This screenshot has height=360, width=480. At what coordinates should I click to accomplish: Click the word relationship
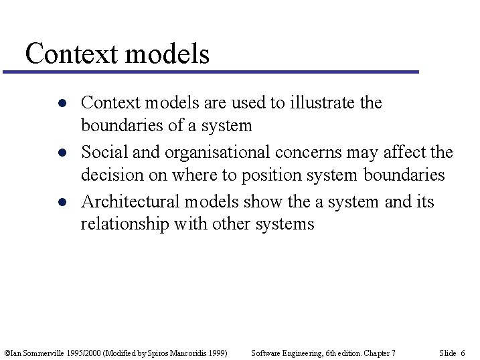[x=125, y=224]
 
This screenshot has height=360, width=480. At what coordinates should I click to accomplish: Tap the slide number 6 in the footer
[x=463, y=353]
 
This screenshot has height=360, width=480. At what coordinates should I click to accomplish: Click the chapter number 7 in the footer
[x=393, y=353]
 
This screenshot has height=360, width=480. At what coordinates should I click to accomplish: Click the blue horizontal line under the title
[x=214, y=72]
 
